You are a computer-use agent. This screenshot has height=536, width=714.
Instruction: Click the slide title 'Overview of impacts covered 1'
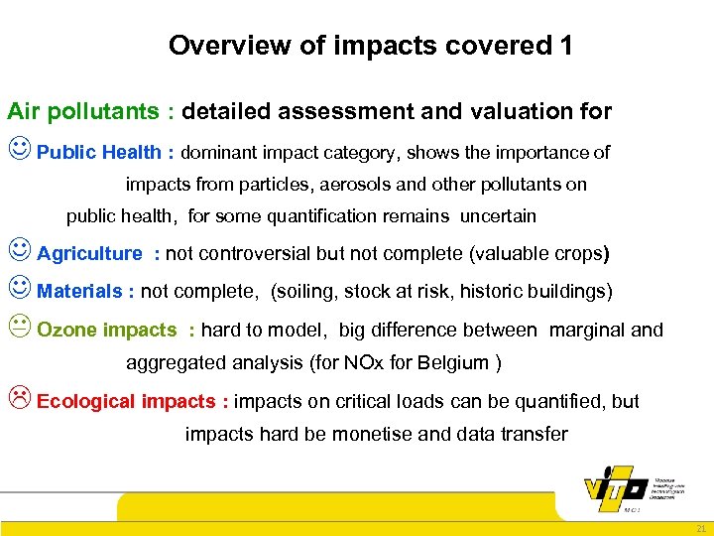370,46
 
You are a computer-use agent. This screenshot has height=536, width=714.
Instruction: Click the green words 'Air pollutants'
82,112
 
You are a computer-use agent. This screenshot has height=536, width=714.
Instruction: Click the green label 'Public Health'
98,152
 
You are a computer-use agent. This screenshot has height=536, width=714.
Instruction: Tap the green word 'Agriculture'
89,253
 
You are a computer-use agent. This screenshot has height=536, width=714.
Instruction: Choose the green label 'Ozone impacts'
106,331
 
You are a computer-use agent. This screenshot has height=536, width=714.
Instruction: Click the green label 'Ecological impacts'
126,401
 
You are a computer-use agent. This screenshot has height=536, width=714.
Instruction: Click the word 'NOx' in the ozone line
364,362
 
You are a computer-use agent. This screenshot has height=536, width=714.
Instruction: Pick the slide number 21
700,529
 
